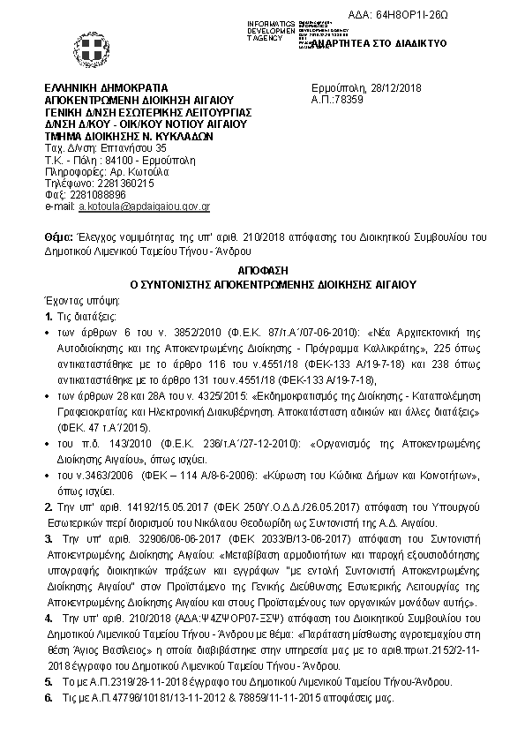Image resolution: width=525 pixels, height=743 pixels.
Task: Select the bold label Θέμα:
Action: click(x=58, y=238)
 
